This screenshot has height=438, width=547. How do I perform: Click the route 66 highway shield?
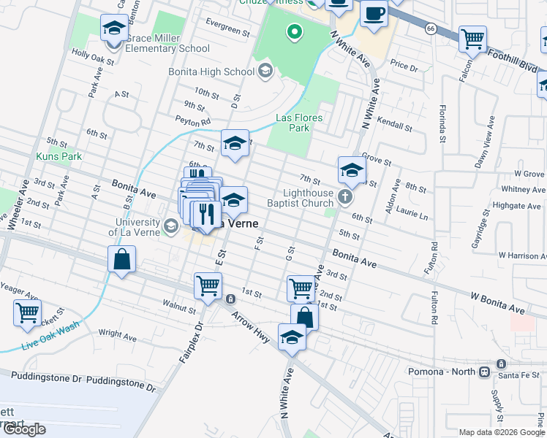pyautogui.click(x=431, y=28)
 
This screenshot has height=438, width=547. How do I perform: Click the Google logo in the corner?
pyautogui.click(x=24, y=429)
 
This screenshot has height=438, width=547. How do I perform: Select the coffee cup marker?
pyautogui.click(x=374, y=15)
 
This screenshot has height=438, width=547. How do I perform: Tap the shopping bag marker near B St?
pyautogui.click(x=121, y=259)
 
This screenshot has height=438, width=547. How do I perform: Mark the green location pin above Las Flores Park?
pyautogui.click(x=294, y=31)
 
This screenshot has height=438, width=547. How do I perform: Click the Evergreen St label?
pyautogui.click(x=227, y=30)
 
